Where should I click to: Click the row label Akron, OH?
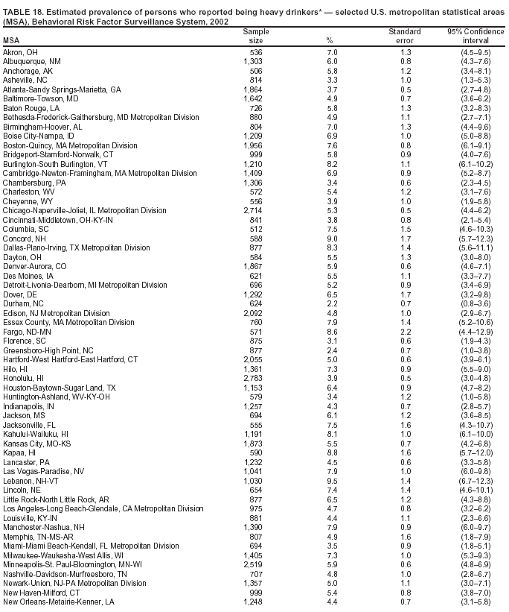tap(22, 52)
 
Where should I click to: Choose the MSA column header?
tap(12, 40)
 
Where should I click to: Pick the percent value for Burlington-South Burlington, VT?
tap(329, 164)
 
